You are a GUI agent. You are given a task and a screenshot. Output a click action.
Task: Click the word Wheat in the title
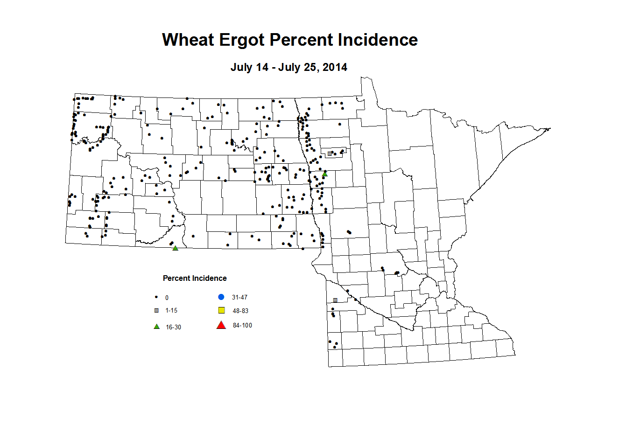188,40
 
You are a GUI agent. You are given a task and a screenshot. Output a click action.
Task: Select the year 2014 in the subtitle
335,67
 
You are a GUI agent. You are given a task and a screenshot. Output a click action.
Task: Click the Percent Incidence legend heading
195,279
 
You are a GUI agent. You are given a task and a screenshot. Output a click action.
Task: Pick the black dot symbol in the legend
156,297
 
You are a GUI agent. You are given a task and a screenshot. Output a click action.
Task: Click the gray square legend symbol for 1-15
156,311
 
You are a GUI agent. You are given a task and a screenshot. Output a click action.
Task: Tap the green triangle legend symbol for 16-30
156,327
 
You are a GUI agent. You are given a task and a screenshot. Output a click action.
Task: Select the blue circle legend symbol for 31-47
221,297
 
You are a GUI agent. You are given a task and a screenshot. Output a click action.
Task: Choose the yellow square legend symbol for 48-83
222,311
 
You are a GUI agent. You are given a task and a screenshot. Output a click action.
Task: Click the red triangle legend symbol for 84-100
221,325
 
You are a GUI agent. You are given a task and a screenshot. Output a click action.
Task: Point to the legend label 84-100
242,326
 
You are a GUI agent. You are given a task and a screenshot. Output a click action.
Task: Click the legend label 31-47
239,298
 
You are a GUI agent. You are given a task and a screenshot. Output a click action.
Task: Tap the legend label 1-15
171,311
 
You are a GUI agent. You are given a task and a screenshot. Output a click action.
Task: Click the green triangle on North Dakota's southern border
176,248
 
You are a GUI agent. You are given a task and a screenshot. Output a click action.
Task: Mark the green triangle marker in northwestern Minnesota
325,174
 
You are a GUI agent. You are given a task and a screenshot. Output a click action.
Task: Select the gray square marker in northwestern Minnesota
330,153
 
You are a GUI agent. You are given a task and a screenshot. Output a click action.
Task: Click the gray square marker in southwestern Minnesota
335,300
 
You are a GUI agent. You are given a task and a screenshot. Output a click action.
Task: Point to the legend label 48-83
240,311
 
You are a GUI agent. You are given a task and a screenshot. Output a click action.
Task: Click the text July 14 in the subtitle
249,67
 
